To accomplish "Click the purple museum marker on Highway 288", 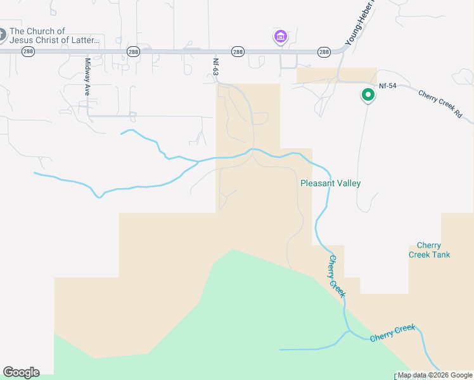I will (x=280, y=37).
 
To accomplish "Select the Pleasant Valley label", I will (x=330, y=183).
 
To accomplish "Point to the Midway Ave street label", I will (x=87, y=77).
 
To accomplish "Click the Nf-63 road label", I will (x=215, y=68).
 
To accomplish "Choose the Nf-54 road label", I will (x=388, y=85).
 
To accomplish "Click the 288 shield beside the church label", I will (x=28, y=52).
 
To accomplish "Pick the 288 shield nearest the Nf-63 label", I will (x=237, y=52).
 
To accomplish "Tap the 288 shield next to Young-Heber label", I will (x=324, y=52).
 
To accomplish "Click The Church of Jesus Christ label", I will (x=54, y=35).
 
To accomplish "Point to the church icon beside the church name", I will (x=2, y=34).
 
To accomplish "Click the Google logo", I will (x=21, y=372).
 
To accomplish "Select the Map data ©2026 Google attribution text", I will (x=435, y=375).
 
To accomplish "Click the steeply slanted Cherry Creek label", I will (x=336, y=276).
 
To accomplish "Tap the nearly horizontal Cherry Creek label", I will (x=393, y=332).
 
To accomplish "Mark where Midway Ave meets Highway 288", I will (x=87, y=51).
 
